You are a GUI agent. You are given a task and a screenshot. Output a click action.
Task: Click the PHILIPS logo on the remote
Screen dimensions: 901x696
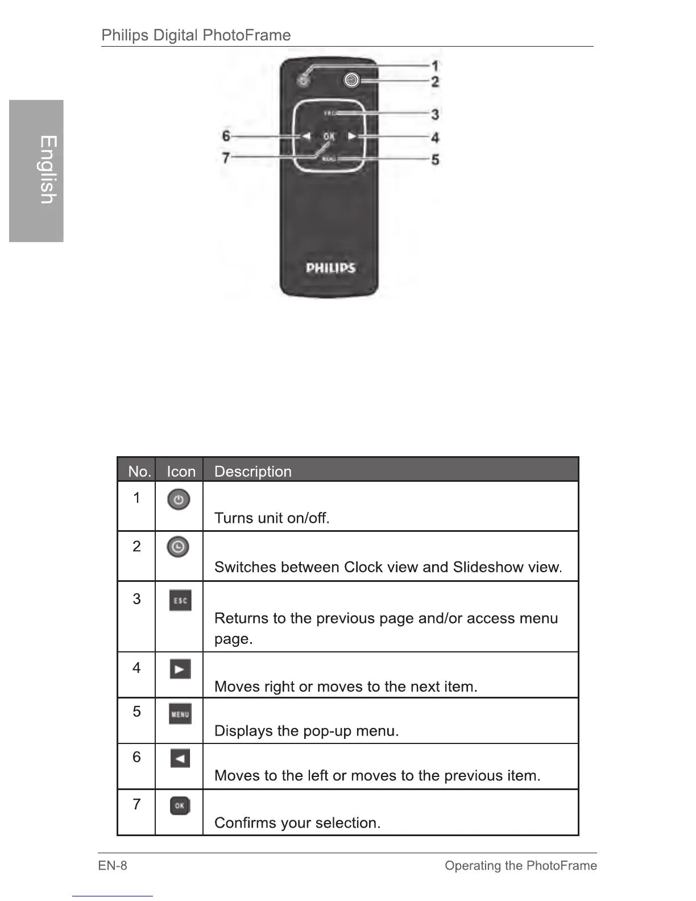pos(330,268)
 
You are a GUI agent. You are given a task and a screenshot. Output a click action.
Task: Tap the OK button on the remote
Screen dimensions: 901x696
pos(329,137)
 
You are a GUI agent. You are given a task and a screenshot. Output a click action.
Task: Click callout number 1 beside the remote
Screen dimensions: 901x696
pos(435,67)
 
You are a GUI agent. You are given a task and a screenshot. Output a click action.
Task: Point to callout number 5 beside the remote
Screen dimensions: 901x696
pos(435,160)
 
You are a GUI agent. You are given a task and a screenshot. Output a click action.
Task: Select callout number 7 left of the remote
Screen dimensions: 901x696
pos(226,157)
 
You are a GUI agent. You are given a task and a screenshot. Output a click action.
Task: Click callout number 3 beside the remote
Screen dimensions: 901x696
pos(435,114)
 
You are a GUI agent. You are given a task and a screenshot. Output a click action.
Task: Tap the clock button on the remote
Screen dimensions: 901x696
pos(352,81)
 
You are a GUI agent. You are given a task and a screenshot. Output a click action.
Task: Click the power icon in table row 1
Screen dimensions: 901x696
pos(179,499)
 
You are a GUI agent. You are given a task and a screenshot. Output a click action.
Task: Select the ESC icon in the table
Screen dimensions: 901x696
pos(180,601)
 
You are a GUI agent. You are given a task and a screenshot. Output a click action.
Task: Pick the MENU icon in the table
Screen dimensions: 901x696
pos(180,714)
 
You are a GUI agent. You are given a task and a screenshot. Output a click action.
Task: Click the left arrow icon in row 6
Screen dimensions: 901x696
pos(180,758)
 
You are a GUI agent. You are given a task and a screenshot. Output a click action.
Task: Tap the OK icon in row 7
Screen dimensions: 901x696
pos(180,805)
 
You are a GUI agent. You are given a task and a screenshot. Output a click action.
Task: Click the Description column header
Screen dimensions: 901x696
pos(252,472)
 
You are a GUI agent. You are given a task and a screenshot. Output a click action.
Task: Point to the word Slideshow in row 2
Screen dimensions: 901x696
pos(488,567)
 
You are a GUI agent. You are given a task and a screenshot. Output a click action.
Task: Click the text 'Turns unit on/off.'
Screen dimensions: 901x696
pos(272,518)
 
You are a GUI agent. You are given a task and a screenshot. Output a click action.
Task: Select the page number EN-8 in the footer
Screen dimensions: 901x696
pos(113,866)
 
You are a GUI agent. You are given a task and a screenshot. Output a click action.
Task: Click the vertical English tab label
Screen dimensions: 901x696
pos(48,170)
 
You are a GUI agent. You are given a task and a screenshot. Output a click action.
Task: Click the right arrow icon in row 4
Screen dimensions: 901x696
pos(180,669)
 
